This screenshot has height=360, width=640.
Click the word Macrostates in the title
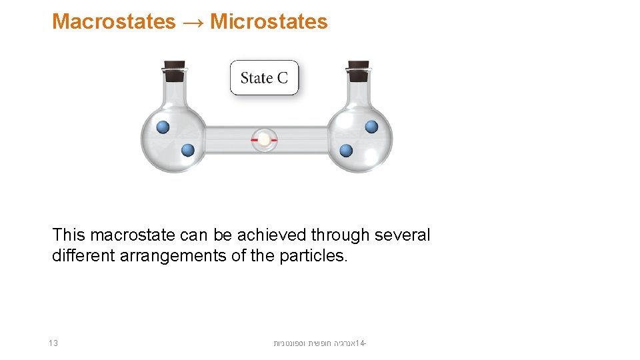[113, 21]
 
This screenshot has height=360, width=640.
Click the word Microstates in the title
[269, 21]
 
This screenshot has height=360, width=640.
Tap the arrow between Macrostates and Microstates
[193, 22]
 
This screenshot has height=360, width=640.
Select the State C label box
[264, 78]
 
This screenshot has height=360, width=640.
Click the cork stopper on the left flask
[174, 67]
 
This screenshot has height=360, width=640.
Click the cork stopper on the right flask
[358, 67]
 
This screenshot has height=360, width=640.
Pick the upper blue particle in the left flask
[163, 127]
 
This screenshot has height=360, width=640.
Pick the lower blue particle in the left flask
[188, 151]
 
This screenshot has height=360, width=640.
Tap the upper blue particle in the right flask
[371, 127]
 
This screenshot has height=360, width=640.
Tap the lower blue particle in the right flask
[346, 151]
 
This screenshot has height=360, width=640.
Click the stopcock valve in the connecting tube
[265, 140]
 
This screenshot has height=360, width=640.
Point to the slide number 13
[53, 343]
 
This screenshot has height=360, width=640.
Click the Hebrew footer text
[320, 343]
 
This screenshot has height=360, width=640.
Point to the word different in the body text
[83, 256]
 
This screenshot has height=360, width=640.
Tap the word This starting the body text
[69, 235]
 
